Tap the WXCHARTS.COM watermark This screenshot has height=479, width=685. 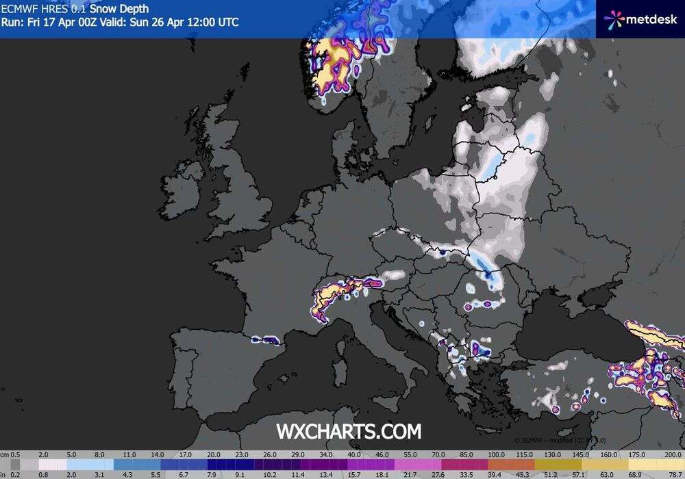349,431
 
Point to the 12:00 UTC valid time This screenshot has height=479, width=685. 212,22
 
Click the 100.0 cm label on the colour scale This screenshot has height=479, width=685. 497,454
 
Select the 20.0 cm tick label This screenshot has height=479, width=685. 214,454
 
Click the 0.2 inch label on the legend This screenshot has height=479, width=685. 16,473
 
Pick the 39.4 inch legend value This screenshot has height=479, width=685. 497,473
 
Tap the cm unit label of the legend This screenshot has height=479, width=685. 5,454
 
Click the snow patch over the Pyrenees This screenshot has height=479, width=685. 264,339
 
